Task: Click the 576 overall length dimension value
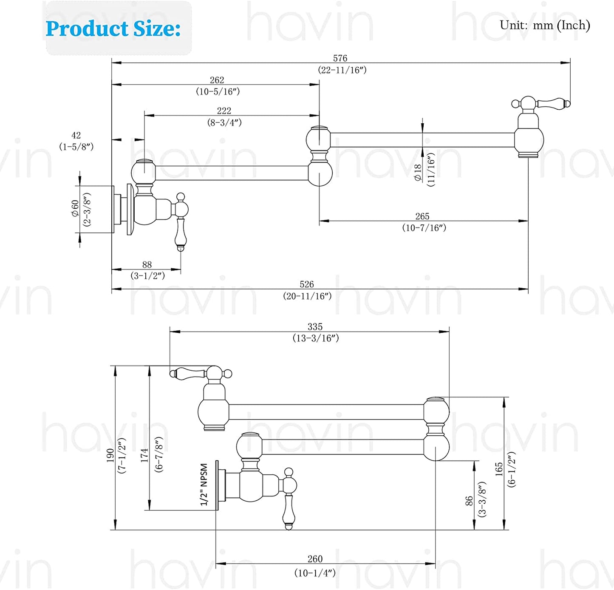pos(340,58)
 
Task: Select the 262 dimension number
pos(217,80)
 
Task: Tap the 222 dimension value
pos(224,111)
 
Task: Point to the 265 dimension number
pos(422,216)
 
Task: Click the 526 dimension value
pos(306,284)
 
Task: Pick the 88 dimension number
pos(147,264)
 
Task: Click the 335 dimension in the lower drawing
pos(315,326)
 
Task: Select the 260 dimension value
pos(315,559)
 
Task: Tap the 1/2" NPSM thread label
pos(204,485)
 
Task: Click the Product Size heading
pos(113,29)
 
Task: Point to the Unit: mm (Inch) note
pos(544,26)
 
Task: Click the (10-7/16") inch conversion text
pos(424,228)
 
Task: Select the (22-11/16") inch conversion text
pos(342,70)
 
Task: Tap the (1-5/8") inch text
pos(76,147)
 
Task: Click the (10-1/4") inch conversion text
pos(315,573)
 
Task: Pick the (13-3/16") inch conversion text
pos(315,338)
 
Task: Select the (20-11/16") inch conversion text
pos(307,296)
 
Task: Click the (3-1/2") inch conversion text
pos(147,276)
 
